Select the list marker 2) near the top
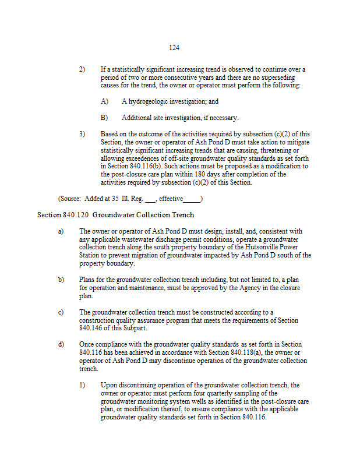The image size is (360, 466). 82,69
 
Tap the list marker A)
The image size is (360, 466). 104,101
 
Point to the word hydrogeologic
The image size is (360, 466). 154,101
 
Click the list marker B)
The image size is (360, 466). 104,118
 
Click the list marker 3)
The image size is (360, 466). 82,134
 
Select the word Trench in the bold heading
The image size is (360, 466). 181,215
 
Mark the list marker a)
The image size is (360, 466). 61,231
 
